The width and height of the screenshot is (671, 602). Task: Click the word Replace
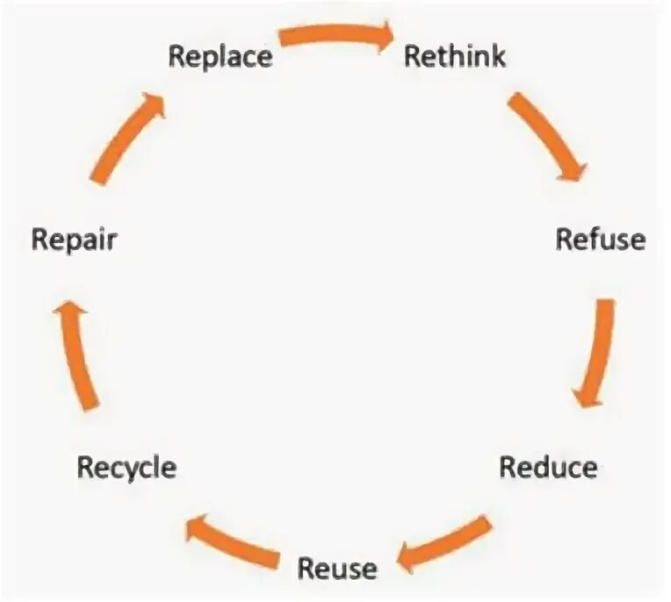pos(220,57)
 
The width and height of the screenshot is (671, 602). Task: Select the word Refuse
pos(601,239)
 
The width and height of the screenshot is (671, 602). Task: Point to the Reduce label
pos(548,466)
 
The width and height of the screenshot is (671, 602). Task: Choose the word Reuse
pos(337,568)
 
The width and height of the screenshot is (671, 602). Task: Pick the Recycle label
pos(126,467)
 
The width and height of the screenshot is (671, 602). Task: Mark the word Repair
pos(74,240)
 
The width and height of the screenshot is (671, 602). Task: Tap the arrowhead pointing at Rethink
pos(384,37)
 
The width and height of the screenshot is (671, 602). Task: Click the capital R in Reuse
pos(307,568)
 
